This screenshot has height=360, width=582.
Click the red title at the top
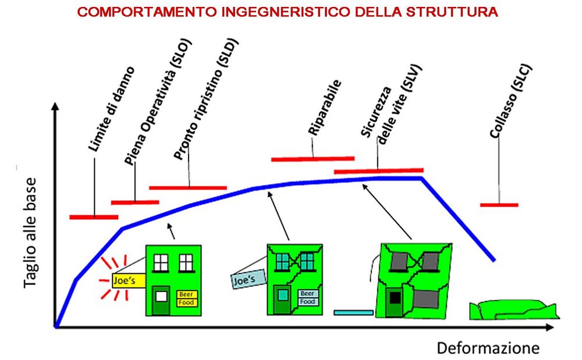[288, 12]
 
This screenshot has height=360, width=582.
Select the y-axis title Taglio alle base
[30, 233]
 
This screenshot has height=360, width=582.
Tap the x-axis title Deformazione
[488, 348]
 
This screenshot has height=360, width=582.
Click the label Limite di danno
[111, 109]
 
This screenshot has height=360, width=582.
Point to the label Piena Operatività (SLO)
[158, 102]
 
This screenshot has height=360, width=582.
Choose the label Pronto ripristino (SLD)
[205, 99]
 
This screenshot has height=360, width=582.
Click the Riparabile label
[324, 107]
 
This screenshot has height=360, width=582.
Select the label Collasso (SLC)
[511, 102]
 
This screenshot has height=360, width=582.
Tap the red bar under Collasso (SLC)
[499, 205]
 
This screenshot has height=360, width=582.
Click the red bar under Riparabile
[313, 159]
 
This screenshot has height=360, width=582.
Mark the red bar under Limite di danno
[94, 217]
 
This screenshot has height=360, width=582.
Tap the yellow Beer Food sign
[187, 298]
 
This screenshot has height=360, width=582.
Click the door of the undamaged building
[161, 301]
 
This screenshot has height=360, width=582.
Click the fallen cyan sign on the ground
[353, 312]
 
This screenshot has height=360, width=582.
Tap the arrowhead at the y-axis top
[55, 106]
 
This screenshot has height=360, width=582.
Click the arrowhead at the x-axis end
[550, 327]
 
